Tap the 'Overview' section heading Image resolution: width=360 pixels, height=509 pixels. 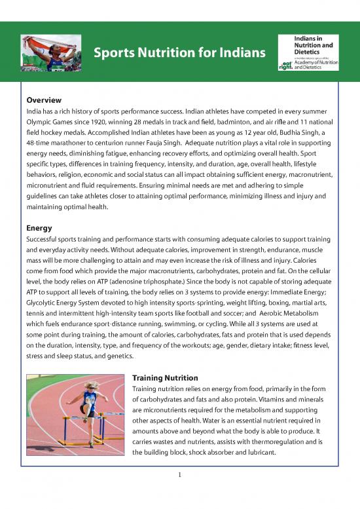44,100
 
